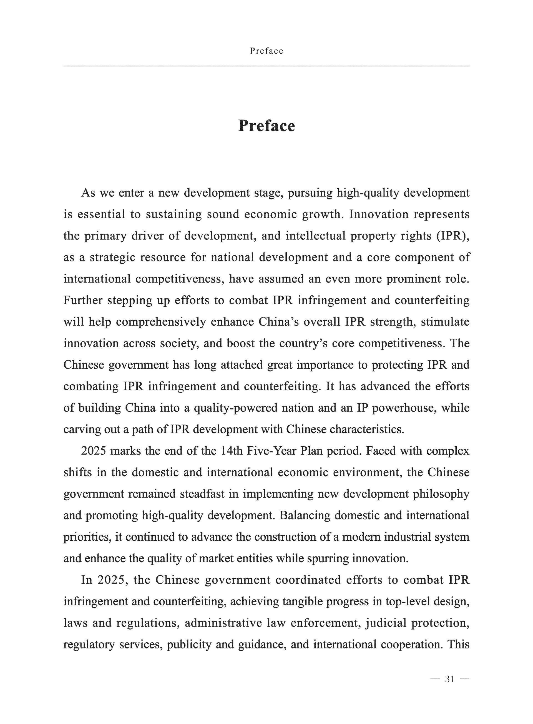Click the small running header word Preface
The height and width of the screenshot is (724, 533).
tap(266, 51)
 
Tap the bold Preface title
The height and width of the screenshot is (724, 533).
tap(266, 126)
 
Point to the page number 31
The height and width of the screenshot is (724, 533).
tap(449, 679)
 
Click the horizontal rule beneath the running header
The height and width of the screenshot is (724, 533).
tap(266, 66)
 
